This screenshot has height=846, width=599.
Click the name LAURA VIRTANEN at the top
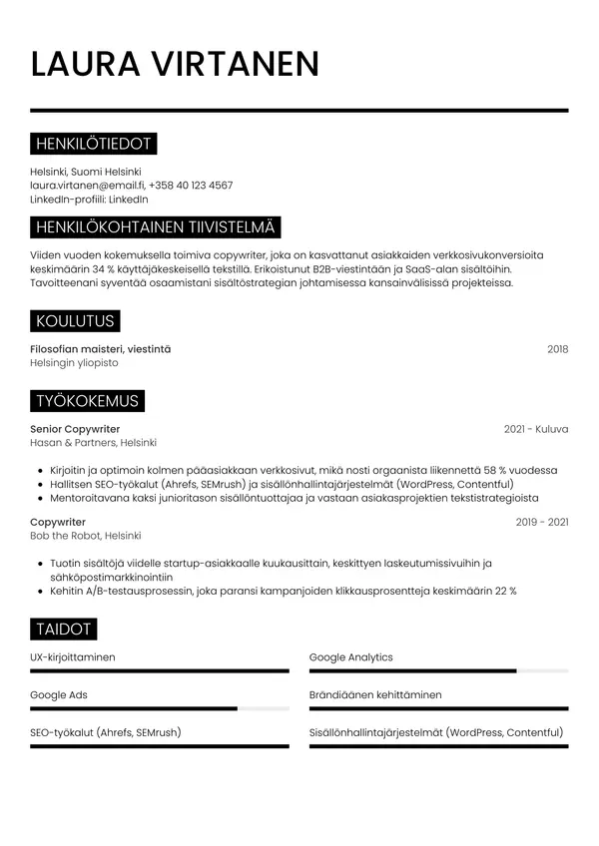click(175, 63)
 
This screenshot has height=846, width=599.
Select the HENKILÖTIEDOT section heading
click(93, 144)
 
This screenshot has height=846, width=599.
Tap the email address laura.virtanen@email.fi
click(87, 185)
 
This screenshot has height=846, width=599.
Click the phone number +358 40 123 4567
click(191, 185)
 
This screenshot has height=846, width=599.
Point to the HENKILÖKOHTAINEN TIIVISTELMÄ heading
click(156, 227)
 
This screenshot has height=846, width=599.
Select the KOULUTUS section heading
click(75, 320)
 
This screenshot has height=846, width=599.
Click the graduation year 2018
click(557, 348)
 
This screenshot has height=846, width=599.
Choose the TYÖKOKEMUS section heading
click(87, 401)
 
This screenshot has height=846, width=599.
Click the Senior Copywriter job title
click(75, 429)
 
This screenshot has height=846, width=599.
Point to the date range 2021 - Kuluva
click(536, 429)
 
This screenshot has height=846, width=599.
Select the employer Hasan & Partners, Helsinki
click(93, 443)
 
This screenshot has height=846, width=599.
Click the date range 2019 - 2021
click(541, 522)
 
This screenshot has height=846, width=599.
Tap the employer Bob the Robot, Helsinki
click(85, 536)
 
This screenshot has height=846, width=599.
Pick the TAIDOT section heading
click(64, 629)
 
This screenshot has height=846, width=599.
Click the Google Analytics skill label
click(350, 657)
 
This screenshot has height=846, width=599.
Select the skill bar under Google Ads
click(160, 708)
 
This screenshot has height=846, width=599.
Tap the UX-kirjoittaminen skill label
click(73, 657)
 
